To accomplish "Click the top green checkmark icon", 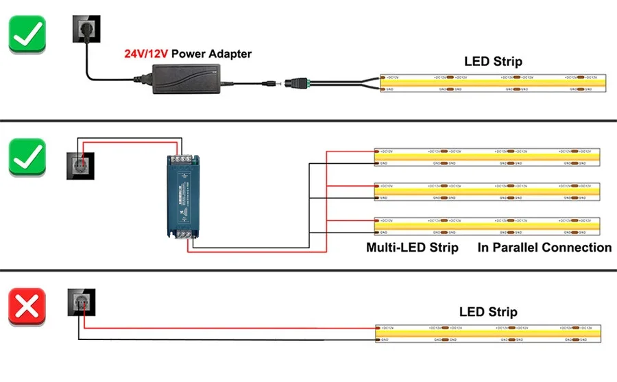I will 27,34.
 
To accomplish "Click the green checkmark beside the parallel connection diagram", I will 27,157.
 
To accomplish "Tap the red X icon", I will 27,307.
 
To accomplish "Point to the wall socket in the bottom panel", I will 81,302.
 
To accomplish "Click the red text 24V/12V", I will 146,53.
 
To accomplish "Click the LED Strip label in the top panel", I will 493,62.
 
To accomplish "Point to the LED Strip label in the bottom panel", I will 488,312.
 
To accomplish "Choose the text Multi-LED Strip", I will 412,248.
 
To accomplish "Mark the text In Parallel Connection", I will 544,248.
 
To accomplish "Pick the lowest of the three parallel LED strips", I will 487,226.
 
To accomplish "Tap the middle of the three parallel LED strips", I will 487,191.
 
